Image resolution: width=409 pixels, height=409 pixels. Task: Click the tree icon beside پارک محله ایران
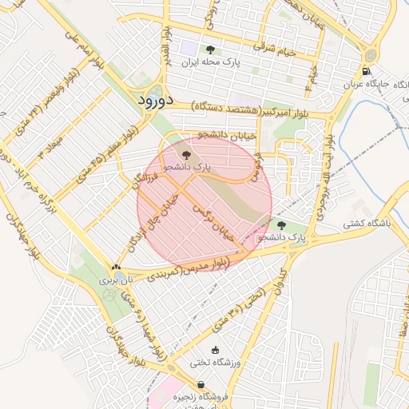pyautogui.click(x=210, y=50)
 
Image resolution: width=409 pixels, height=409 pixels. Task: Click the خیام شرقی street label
pyautogui.click(x=276, y=50)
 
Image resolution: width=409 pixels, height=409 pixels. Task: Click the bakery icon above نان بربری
pyautogui.click(x=117, y=268)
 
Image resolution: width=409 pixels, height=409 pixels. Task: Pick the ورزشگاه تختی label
pyautogui.click(x=214, y=362)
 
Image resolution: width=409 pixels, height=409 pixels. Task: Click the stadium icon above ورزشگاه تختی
pyautogui.click(x=214, y=350)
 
